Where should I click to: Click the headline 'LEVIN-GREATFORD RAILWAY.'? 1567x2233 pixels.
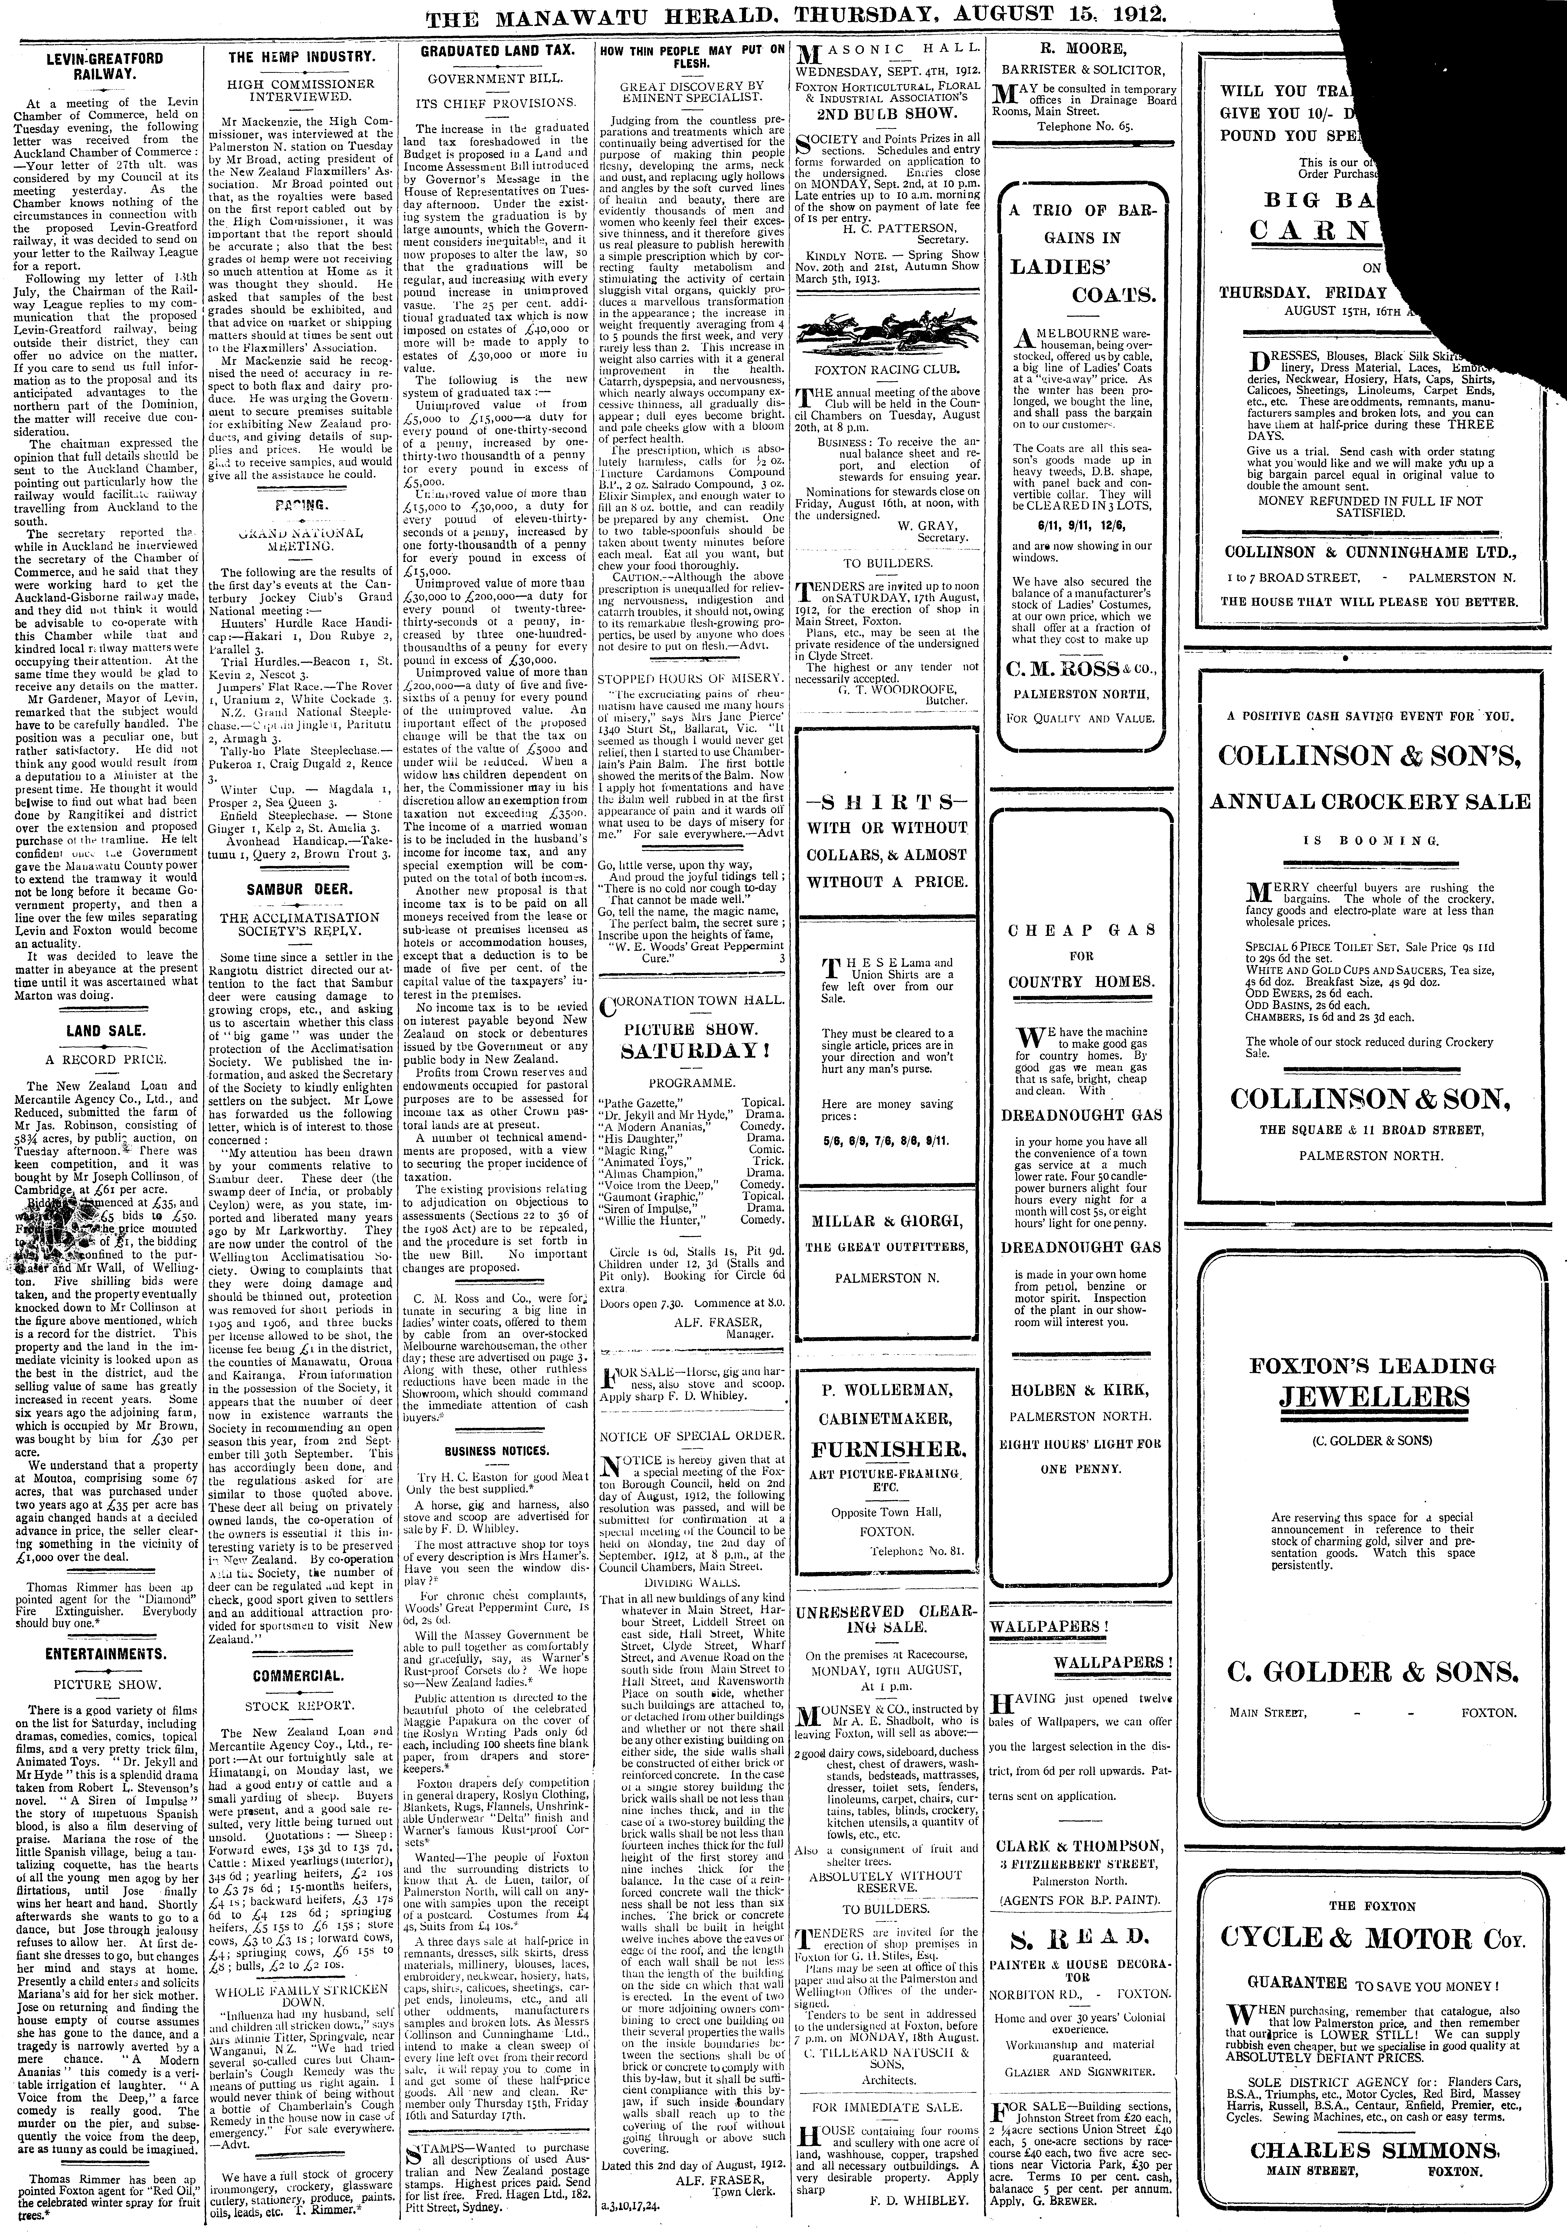coord(105,65)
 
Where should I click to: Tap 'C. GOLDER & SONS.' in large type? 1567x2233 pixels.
coord(1371,1671)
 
